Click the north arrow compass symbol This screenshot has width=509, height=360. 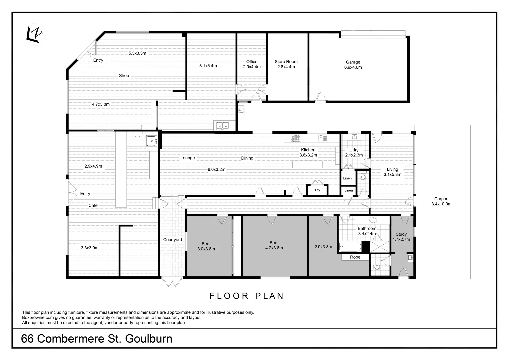[x=35, y=35]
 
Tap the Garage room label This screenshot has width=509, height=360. [x=353, y=65]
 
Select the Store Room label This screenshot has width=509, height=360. [x=286, y=64]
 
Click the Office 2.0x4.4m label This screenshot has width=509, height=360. [x=252, y=64]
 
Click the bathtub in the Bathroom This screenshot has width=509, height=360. [x=350, y=247]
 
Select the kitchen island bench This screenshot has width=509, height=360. [x=307, y=164]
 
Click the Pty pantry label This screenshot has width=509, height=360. [x=317, y=190]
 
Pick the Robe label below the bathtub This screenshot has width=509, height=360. [x=355, y=257]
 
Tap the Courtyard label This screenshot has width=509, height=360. [x=172, y=240]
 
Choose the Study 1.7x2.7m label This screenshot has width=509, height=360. [x=401, y=237]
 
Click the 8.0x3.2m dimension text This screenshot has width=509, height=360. [x=216, y=169]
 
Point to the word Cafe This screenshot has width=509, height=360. [x=93, y=205]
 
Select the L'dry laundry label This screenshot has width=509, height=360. [x=354, y=152]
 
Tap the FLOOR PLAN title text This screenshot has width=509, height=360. [x=246, y=296]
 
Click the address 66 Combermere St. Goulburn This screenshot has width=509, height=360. [x=97, y=339]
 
